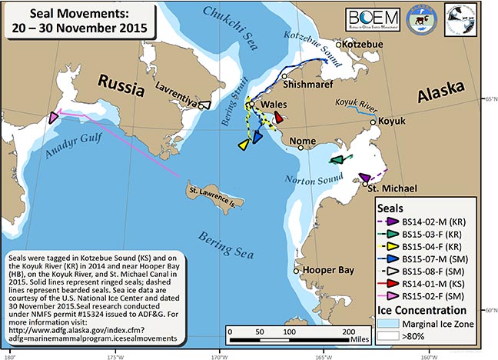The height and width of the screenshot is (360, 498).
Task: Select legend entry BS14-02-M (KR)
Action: click(x=430, y=221)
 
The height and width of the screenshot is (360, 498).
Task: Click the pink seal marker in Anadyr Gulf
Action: click(x=53, y=118)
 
